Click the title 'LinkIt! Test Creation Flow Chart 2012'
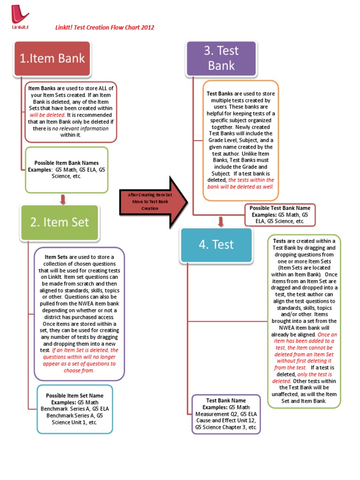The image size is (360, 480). point(105,28)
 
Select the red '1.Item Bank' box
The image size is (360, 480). point(52,58)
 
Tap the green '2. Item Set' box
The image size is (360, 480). point(59,222)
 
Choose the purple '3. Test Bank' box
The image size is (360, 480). point(221,58)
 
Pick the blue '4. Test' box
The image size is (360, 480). point(216,244)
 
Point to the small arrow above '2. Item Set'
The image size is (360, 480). point(63,200)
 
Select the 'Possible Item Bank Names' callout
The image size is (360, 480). point(67,170)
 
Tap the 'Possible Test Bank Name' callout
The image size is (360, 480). point(280,214)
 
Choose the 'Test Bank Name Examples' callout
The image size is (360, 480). point(226,414)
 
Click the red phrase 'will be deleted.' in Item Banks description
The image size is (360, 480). point(47,114)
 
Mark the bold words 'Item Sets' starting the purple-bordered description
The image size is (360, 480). point(56,257)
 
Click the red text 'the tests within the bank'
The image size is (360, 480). point(251,180)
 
